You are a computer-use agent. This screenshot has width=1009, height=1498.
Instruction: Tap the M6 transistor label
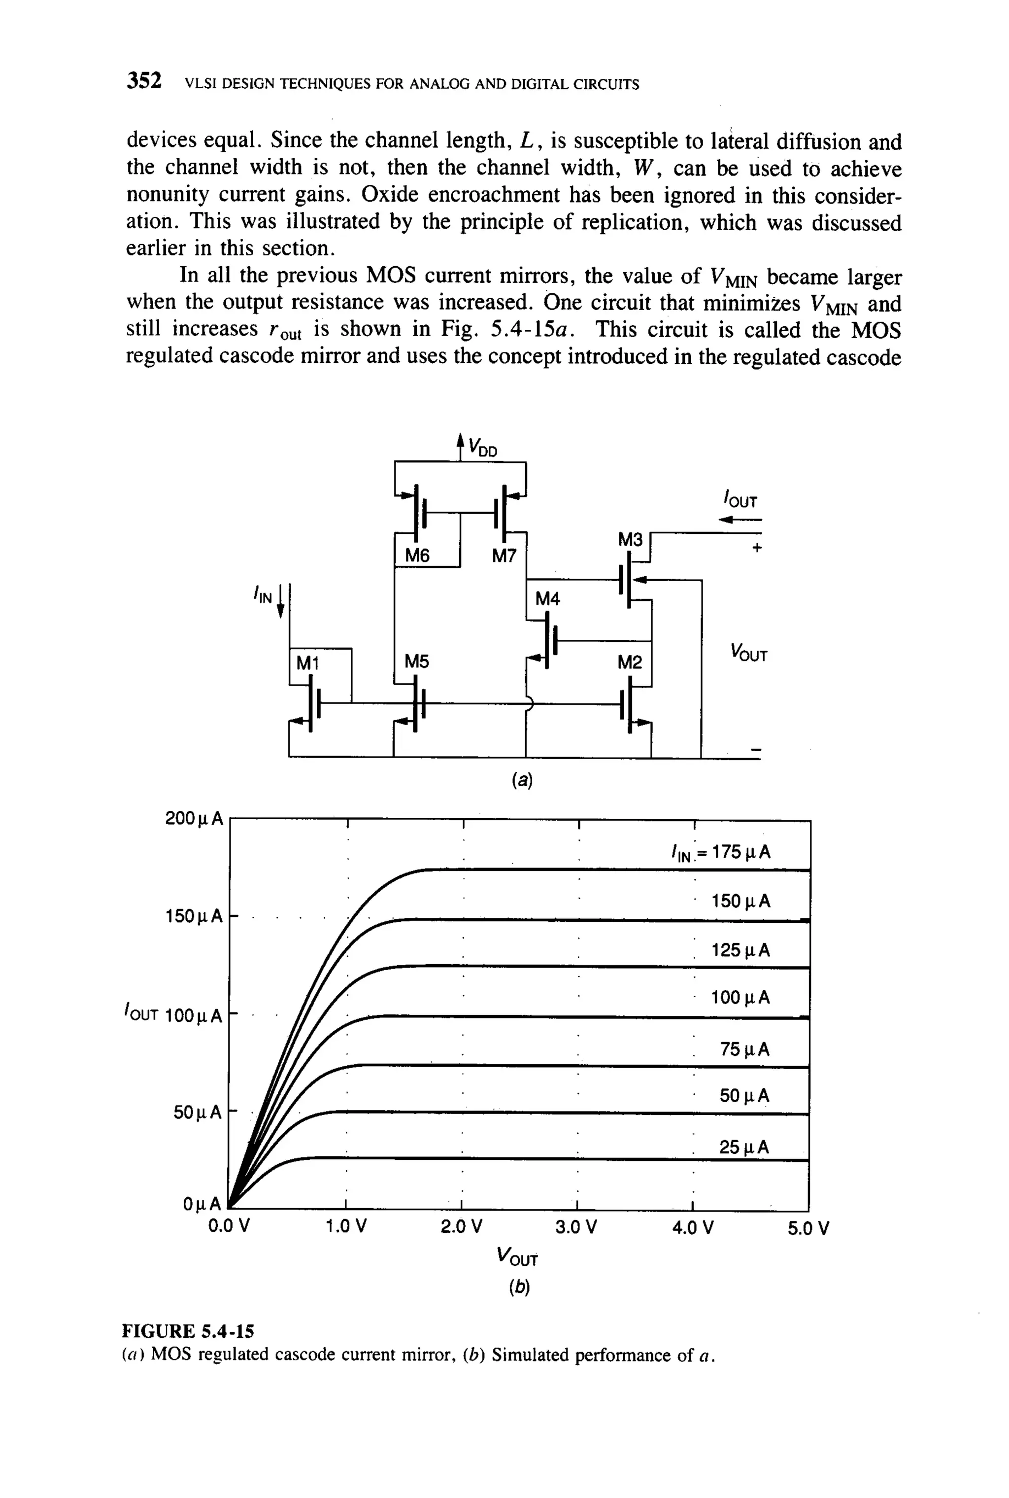[x=417, y=555]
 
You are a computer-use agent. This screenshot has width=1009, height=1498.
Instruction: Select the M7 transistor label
[x=504, y=556]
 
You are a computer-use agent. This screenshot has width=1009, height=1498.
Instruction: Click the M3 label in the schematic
[x=630, y=539]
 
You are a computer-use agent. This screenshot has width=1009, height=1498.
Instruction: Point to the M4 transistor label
[x=548, y=599]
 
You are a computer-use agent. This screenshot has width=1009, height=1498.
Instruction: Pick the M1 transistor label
[x=307, y=662]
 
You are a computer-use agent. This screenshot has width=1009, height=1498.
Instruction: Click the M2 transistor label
[x=629, y=662]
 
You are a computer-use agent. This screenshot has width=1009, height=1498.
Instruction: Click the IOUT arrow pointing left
[x=740, y=519]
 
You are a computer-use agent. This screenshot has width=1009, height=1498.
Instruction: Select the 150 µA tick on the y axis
[x=194, y=915]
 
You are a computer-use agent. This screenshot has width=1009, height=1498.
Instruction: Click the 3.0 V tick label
[x=576, y=1227]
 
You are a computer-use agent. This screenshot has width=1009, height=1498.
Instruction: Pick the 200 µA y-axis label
[x=194, y=818]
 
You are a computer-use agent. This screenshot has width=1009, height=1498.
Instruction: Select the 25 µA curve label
[x=744, y=1147]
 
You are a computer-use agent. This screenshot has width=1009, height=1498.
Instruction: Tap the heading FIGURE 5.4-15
[x=188, y=1330]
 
